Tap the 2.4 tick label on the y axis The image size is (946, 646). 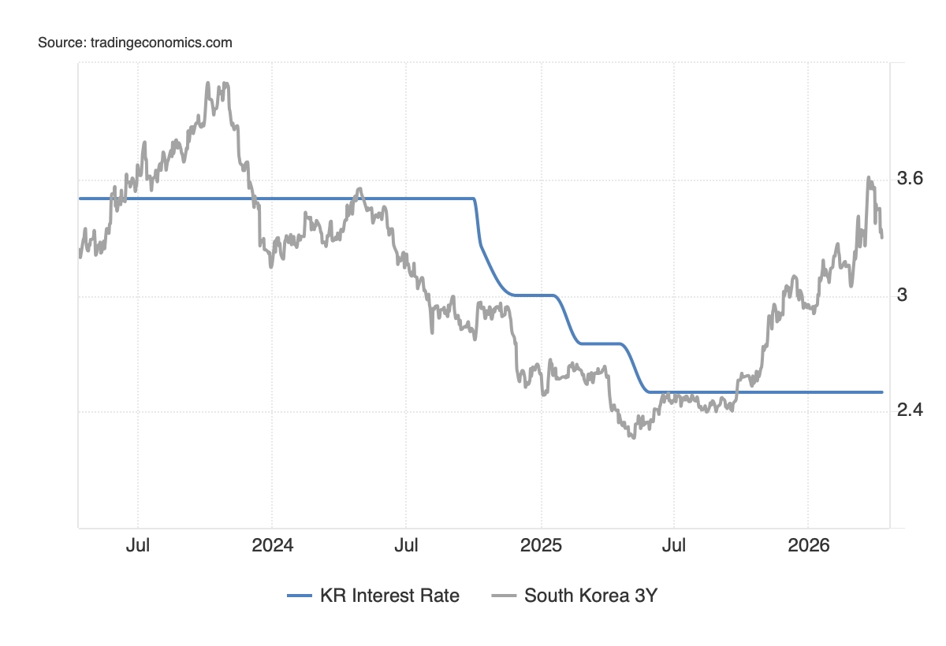910,410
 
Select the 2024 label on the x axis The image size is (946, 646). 271,545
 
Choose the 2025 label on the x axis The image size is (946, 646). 541,545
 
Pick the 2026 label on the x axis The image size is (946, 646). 809,545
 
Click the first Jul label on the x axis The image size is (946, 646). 138,545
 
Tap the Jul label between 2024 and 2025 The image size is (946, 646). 406,545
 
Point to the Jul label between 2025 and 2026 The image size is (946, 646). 674,545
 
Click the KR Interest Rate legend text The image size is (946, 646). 389,596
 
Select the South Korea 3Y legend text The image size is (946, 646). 590,596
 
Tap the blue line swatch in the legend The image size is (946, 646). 300,596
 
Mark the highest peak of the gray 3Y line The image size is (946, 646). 208,83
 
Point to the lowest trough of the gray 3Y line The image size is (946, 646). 632,436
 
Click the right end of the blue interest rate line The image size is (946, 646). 881,392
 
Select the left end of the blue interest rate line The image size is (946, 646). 80,199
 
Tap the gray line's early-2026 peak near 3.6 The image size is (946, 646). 869,178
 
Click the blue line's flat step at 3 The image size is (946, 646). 533,295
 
